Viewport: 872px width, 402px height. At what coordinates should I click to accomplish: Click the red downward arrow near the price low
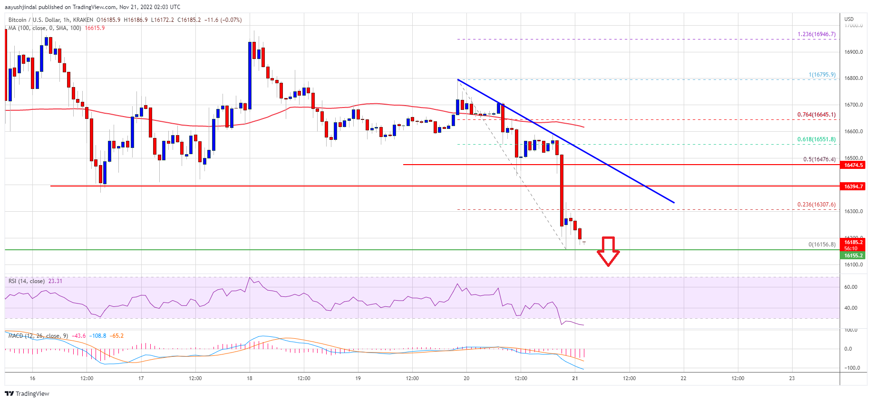[608, 251]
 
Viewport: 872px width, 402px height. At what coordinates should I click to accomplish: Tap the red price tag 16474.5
[853, 165]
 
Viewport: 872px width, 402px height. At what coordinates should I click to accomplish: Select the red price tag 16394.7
[853, 186]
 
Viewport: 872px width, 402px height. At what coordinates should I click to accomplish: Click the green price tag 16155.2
[853, 255]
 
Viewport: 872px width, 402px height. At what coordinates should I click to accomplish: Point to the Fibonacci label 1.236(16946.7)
[816, 34]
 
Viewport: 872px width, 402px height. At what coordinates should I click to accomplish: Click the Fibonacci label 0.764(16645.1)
[816, 115]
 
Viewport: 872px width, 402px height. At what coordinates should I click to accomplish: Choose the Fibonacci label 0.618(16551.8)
[816, 139]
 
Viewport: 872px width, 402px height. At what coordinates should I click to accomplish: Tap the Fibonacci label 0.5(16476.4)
[819, 159]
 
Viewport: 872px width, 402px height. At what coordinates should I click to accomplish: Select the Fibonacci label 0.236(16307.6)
[816, 205]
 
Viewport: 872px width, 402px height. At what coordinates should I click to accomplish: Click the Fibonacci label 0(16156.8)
[822, 245]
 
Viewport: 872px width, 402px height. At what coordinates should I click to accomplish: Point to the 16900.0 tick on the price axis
[853, 52]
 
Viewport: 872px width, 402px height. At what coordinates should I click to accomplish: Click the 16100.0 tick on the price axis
[853, 265]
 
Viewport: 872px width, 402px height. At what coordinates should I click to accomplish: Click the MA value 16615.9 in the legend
[95, 28]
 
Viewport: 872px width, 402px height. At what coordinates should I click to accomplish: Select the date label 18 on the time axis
[250, 378]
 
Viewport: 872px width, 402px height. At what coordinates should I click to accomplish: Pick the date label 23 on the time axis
[792, 378]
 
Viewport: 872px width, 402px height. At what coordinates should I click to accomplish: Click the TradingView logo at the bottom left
[27, 393]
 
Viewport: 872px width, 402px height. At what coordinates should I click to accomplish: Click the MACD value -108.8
[98, 336]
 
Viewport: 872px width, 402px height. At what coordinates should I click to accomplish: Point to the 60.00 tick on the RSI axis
[851, 287]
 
